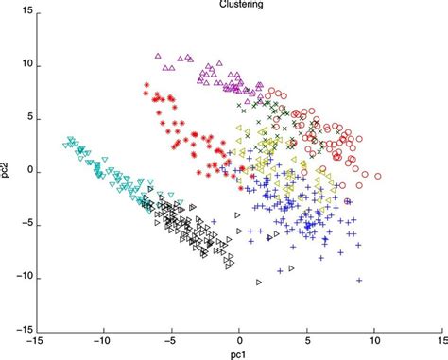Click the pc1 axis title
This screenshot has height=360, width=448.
click(x=239, y=354)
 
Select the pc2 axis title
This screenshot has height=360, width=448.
click(x=8, y=172)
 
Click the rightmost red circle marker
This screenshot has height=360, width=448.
click(x=377, y=176)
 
